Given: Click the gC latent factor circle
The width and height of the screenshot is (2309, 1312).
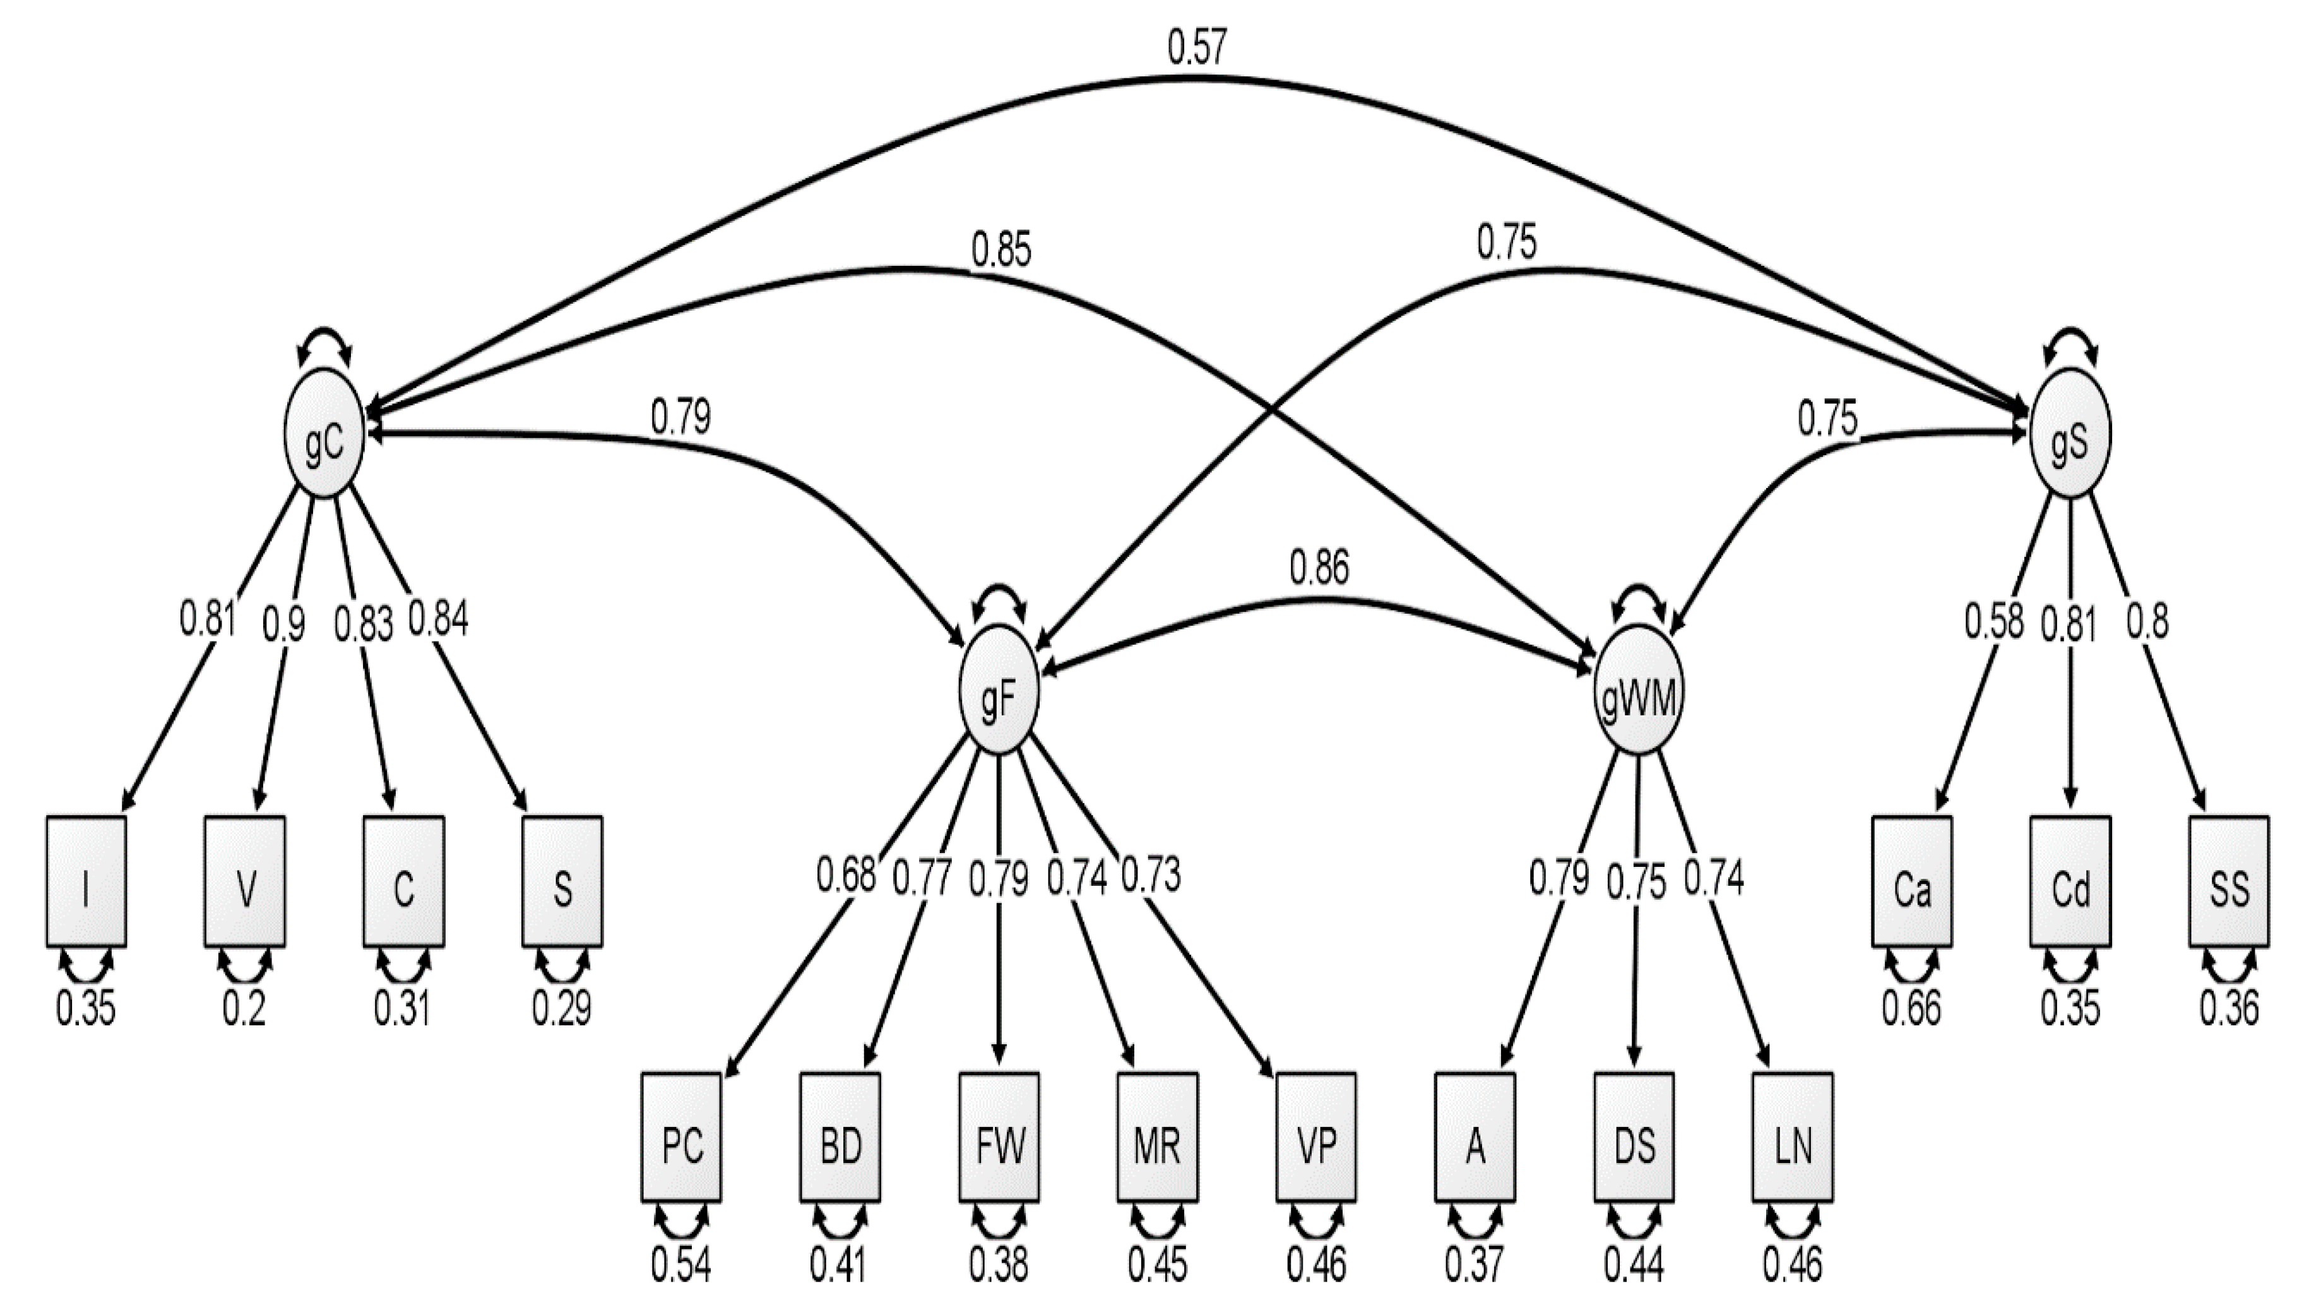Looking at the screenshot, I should coord(323,446).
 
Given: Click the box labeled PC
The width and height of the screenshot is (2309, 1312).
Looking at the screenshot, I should coord(682,1137).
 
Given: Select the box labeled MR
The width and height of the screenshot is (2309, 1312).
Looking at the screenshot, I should coord(1158,1137).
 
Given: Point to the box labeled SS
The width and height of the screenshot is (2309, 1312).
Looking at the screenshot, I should coord(2229,881).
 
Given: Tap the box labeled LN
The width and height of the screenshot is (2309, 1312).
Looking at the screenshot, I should coord(1792,1137).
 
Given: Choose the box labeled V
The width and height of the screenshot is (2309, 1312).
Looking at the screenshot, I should coord(245,881).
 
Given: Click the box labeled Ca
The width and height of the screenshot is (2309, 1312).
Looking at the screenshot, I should coord(1912,881).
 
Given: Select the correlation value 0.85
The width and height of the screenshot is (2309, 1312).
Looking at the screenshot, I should coord(1001,251).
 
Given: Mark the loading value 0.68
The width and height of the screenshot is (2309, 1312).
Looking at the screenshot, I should coord(845,875).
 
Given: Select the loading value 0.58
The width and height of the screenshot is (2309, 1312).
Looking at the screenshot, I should coord(1993,622).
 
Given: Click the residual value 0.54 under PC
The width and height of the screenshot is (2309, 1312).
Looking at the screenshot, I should coord(681,1265).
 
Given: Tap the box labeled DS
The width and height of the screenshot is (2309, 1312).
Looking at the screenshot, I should coord(1634,1137).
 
